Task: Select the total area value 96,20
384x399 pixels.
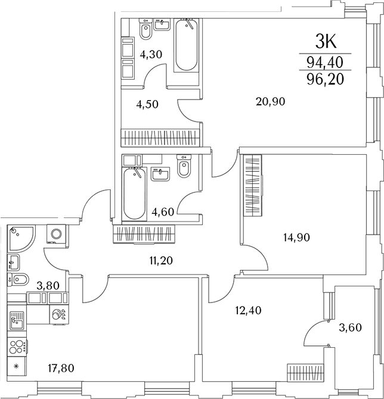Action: [x=325, y=79]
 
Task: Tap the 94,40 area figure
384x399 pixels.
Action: [x=325, y=63]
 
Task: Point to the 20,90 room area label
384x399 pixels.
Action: [x=270, y=102]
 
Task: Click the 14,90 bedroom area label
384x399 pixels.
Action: [x=296, y=238]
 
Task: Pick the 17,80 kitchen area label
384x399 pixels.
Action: [x=61, y=368]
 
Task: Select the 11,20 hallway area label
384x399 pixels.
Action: [x=161, y=261]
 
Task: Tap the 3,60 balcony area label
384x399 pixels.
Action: [x=351, y=328]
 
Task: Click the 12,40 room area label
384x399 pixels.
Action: [x=248, y=310]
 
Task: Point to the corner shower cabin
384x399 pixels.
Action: [x=21, y=239]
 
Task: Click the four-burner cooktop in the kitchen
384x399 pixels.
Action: [x=17, y=347]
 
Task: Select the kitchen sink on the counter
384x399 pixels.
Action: [x=17, y=320]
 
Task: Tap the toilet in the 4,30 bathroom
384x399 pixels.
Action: [x=146, y=29]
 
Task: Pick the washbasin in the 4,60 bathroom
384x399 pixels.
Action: [x=160, y=174]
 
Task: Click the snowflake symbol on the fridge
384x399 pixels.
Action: [x=16, y=366]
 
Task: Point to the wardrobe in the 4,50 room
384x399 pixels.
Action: [x=160, y=138]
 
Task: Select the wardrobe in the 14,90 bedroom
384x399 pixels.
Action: [x=252, y=185]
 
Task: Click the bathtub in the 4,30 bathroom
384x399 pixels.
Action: [x=186, y=45]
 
